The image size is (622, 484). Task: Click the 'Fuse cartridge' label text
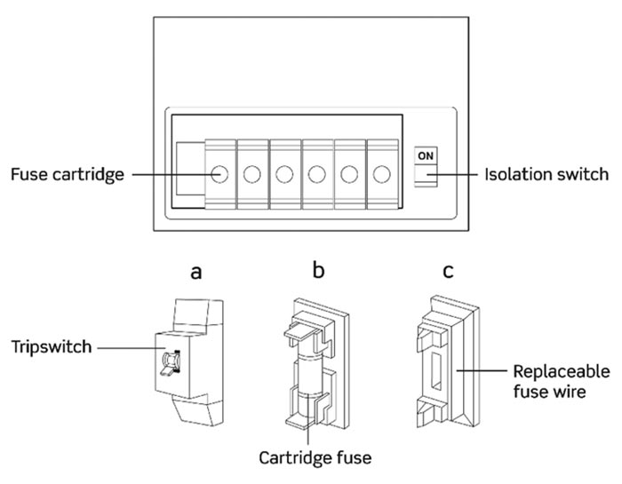click(68, 174)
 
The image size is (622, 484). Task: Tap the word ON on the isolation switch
click(427, 155)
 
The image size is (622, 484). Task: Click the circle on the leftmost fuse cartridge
click(219, 174)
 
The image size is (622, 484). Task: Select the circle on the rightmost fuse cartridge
click(381, 174)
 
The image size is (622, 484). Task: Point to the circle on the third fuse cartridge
click(284, 174)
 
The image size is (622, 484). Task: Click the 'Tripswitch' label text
click(51, 347)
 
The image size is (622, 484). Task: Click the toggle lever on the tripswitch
click(165, 363)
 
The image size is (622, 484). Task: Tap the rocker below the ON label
click(427, 180)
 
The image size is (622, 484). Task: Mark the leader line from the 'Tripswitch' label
click(124, 348)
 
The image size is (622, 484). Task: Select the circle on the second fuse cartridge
click(251, 174)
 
